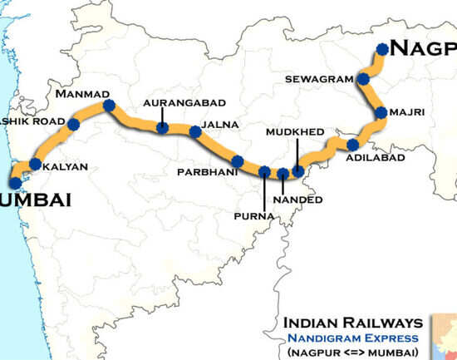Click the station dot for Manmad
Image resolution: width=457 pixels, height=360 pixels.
click(108, 106)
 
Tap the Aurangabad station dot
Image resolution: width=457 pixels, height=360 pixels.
click(162, 127)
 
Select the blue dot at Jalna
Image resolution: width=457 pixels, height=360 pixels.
click(195, 131)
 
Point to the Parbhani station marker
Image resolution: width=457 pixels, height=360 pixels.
click(238, 160)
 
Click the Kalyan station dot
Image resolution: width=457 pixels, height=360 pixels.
click(36, 164)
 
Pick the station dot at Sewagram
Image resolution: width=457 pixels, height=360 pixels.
click(364, 79)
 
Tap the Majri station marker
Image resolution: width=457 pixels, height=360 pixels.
click(381, 112)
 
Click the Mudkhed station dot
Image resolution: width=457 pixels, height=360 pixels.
click(297, 170)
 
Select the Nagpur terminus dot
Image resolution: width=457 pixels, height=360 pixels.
click(382, 49)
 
